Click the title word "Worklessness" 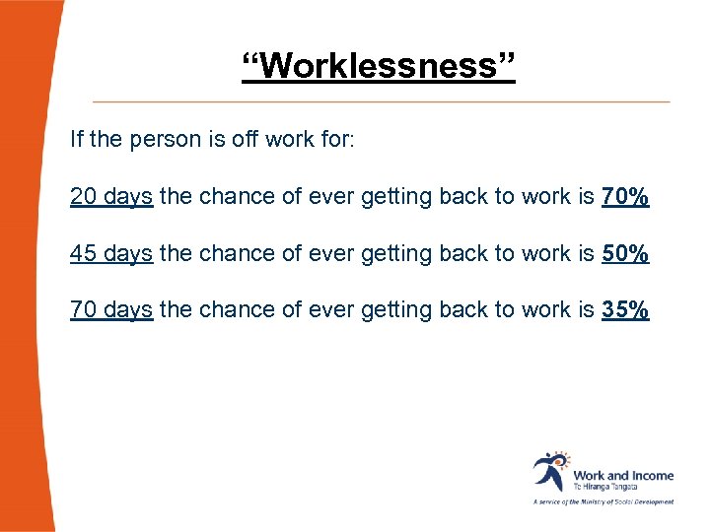click(379, 68)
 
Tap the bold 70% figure click(625, 196)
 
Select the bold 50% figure click(625, 253)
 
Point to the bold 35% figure click(625, 310)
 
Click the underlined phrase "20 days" click(111, 197)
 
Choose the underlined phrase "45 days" click(111, 254)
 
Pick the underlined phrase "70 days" click(111, 311)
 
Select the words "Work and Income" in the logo click(623, 476)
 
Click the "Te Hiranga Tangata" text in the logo click(605, 488)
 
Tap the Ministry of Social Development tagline click(603, 501)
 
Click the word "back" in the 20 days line click(463, 196)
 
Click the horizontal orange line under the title click(381, 101)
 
